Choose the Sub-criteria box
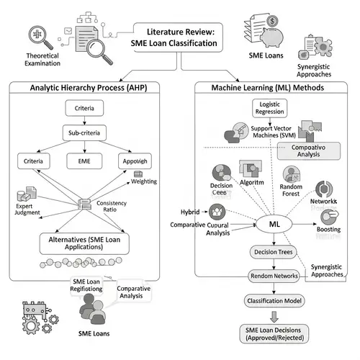pos(89,134)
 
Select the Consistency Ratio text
pos(109,207)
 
